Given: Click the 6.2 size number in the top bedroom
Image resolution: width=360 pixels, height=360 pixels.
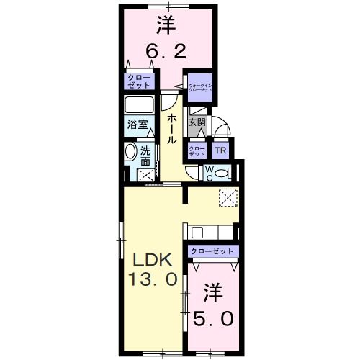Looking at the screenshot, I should [x=167, y=51].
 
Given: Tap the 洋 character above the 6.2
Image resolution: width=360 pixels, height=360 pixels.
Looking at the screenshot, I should [x=167, y=26].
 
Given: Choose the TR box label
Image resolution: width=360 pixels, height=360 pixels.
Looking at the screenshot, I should [x=221, y=151].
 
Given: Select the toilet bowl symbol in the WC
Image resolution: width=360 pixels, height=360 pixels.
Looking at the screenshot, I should [x=222, y=173].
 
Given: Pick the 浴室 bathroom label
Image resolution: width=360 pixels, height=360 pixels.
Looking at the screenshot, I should [x=138, y=124].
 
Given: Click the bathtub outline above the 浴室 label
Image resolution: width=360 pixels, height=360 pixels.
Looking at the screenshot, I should [x=140, y=104].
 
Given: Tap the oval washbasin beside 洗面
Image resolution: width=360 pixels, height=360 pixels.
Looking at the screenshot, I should [x=130, y=153].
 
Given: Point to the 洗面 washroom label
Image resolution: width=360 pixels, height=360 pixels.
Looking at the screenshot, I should [x=145, y=157].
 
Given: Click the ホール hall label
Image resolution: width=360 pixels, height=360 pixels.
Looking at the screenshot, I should [x=174, y=128].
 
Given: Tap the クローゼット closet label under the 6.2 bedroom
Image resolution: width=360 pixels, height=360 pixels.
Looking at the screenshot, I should [x=136, y=81].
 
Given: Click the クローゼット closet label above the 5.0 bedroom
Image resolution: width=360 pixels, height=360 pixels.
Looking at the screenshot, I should [x=213, y=251].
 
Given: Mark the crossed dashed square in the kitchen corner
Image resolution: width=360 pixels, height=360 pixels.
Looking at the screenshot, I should [x=228, y=197].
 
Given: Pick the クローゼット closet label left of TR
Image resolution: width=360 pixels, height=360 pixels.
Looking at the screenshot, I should [x=197, y=151].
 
